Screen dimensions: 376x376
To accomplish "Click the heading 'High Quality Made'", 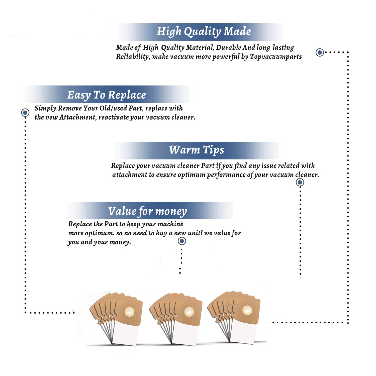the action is [x=204, y=32].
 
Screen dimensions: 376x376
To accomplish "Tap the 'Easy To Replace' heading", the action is [x=107, y=95].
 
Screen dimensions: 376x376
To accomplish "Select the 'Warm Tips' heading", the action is [x=197, y=150].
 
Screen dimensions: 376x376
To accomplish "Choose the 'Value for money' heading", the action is [x=148, y=211].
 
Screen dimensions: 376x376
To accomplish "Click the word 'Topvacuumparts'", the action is [x=276, y=57].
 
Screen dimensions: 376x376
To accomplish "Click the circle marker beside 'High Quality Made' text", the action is [x=320, y=52].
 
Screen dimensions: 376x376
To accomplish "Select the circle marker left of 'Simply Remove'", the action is [x=25, y=113].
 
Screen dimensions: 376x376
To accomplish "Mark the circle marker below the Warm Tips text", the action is [x=300, y=182].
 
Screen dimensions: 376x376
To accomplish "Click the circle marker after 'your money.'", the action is [x=182, y=241].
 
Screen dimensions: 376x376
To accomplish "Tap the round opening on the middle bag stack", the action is [x=189, y=312].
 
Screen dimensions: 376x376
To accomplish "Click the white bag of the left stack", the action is [x=125, y=333].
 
